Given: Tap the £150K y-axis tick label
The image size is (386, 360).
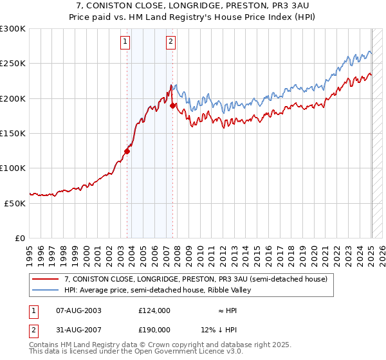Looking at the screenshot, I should coord(12,134).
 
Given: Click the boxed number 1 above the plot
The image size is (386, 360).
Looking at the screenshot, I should coord(125,42).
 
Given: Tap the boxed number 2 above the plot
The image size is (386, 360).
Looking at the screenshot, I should coord(170,42).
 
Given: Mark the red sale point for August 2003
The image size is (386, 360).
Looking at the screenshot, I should coord(127,152).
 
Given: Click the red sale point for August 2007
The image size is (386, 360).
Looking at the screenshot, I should coord(173,105).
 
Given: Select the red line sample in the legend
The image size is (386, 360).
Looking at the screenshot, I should coord(45,279).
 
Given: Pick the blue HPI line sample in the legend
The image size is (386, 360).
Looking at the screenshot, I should coord(45,290).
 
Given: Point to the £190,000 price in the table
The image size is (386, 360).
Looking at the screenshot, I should coord(154,329).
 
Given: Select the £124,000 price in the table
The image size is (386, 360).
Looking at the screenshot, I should coord(154,310).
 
